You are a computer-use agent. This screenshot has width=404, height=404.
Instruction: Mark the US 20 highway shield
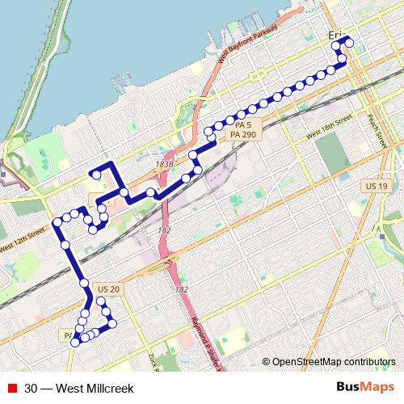coord(107,289)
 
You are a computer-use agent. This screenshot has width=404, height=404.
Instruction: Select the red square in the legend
coord(11,388)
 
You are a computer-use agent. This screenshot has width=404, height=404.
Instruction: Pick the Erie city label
coord(337,35)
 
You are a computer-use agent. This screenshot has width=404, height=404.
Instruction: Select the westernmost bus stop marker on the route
coord(57,221)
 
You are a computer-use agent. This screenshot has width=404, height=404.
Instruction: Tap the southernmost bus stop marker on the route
coord(74,342)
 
